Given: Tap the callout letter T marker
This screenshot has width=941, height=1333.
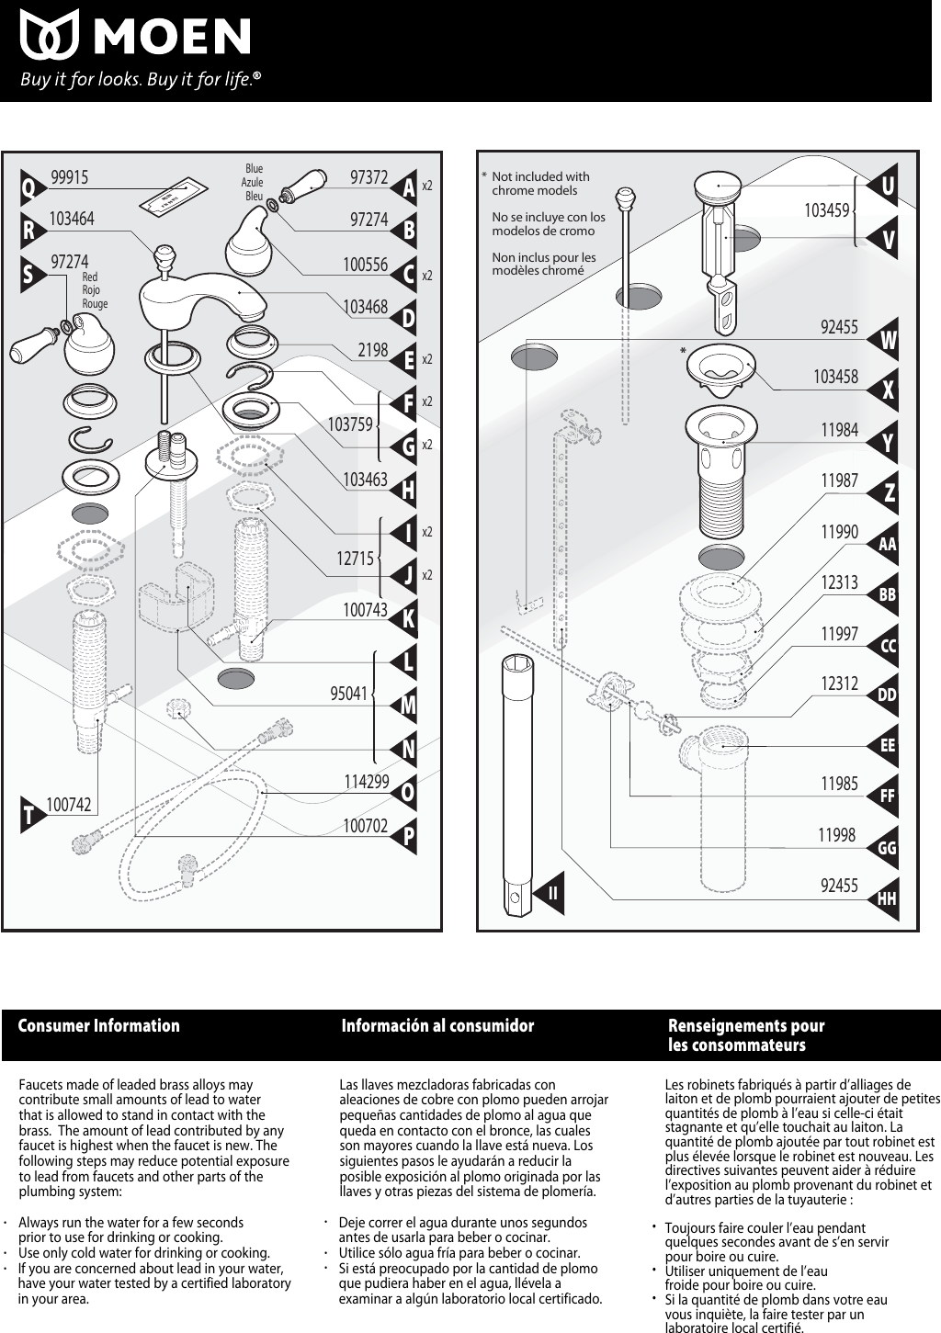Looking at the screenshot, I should pyautogui.click(x=30, y=815).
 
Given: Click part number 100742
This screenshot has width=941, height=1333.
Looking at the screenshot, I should pyautogui.click(x=69, y=805).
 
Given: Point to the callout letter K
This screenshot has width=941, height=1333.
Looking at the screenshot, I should pyautogui.click(x=408, y=618).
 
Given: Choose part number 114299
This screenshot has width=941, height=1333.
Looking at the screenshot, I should pyautogui.click(x=366, y=782).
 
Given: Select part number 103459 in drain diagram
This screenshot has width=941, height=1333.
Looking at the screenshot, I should pyautogui.click(x=826, y=211).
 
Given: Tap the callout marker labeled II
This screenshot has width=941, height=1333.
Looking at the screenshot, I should pyautogui.click(x=552, y=892).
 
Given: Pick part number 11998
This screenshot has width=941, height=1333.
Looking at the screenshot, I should pyautogui.click(x=836, y=835).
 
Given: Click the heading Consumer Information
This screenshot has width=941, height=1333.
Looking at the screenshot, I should pyautogui.click(x=99, y=1026).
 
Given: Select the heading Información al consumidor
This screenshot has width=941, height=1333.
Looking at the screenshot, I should pyautogui.click(x=437, y=1026).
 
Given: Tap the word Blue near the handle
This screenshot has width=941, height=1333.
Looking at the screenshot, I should pyautogui.click(x=254, y=169).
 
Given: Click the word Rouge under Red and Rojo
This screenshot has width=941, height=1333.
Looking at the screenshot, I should pyautogui.click(x=95, y=304).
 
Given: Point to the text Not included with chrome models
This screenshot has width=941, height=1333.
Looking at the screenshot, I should pyautogui.click(x=539, y=183).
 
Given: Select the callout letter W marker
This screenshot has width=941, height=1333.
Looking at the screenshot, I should pyautogui.click(x=887, y=341).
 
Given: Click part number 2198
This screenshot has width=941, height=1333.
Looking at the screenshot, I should pyautogui.click(x=372, y=350).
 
